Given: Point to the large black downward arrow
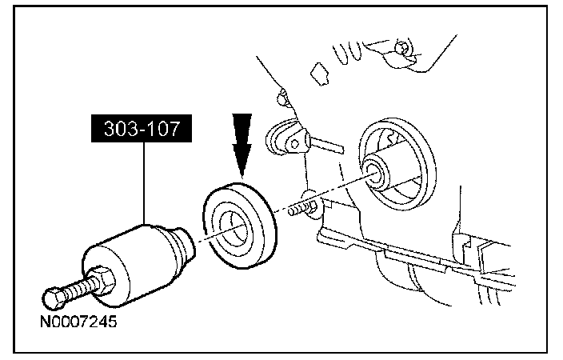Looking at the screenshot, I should click(x=241, y=140).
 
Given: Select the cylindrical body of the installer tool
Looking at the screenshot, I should click(x=132, y=256).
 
